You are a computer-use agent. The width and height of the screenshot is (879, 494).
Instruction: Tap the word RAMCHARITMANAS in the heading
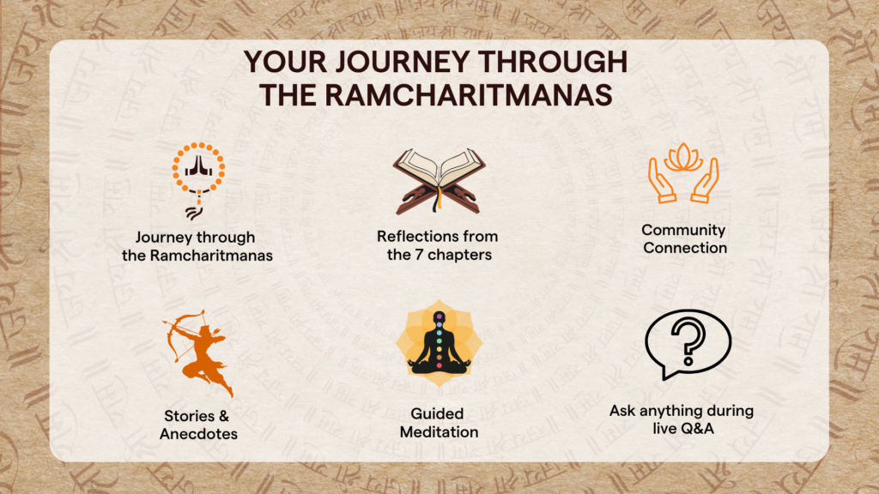(x=469, y=94)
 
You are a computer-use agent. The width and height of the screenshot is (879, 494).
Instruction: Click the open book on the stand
(x=439, y=180)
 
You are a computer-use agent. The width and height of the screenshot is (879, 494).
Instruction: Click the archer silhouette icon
(x=198, y=352)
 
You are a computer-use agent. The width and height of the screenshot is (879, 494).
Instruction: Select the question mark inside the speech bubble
(x=688, y=341)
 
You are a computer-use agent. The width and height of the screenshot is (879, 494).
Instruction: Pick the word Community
(x=683, y=230)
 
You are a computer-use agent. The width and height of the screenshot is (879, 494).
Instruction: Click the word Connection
(x=684, y=248)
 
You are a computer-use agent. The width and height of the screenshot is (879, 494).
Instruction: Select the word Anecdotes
(x=198, y=434)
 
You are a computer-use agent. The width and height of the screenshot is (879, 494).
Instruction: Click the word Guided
(x=437, y=414)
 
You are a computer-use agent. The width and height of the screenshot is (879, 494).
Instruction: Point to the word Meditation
(x=439, y=432)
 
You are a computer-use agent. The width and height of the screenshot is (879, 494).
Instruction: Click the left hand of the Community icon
(x=661, y=180)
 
